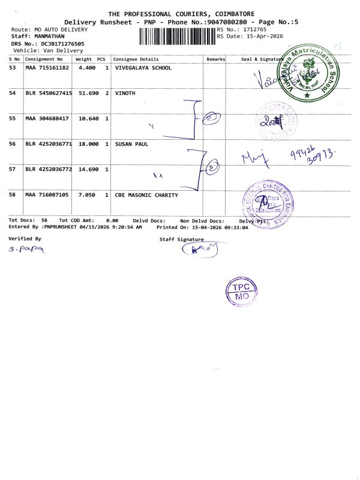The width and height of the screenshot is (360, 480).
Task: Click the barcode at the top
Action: [178, 37]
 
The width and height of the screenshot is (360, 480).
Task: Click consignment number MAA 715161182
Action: [47, 68]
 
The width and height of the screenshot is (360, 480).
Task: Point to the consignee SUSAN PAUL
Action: [131, 144]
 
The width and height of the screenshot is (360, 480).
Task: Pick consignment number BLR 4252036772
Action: [49, 169]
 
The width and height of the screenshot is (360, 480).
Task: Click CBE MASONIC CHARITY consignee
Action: [146, 195]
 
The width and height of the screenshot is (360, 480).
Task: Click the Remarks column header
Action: [215, 59]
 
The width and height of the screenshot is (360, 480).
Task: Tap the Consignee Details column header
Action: [136, 59]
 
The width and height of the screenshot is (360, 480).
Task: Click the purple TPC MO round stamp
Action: [242, 292]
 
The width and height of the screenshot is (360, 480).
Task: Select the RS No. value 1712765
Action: [251, 29]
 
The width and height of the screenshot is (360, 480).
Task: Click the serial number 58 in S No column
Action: [13, 195]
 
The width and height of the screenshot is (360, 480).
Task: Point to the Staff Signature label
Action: [181, 239]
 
